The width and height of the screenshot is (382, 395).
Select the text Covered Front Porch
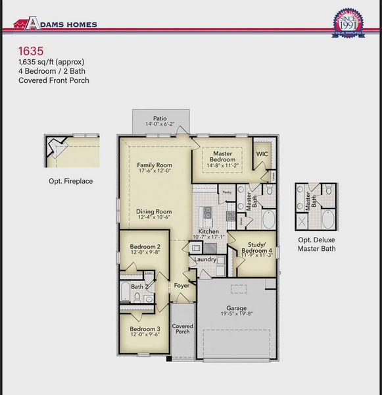pos(53,80)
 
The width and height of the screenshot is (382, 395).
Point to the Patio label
pos(160,118)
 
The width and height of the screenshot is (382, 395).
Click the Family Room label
pos(155,165)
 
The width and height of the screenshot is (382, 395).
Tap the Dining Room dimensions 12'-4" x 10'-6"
pos(154,217)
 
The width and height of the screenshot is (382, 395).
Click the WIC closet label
pos(262,153)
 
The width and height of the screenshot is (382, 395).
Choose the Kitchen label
pos(208,232)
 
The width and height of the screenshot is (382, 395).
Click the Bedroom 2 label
pos(145,247)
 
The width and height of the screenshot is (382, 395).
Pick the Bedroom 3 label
pos(145,329)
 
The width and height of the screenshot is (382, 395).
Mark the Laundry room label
pos(206,259)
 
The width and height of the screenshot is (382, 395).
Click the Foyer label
pos(181,286)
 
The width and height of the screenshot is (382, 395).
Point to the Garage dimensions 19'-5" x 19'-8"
pos(236,315)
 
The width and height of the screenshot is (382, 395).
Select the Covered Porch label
pos(182,329)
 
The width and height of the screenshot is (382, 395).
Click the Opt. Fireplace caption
pos(70,180)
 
